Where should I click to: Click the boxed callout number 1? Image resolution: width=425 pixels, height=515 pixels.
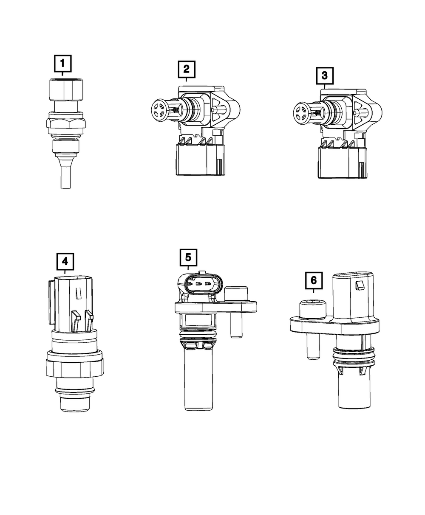pos(63,63)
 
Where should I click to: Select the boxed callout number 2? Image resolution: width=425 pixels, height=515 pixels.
pos(187,69)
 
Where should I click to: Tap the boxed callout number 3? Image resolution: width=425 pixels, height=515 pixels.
pos(325,76)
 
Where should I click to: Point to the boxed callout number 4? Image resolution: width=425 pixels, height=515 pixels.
pos(65,261)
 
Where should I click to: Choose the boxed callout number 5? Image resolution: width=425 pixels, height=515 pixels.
pos(188,257)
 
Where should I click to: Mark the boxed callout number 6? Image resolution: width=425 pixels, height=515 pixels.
pos(314,280)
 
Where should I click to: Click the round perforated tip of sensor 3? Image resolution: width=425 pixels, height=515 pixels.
pos(300,112)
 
